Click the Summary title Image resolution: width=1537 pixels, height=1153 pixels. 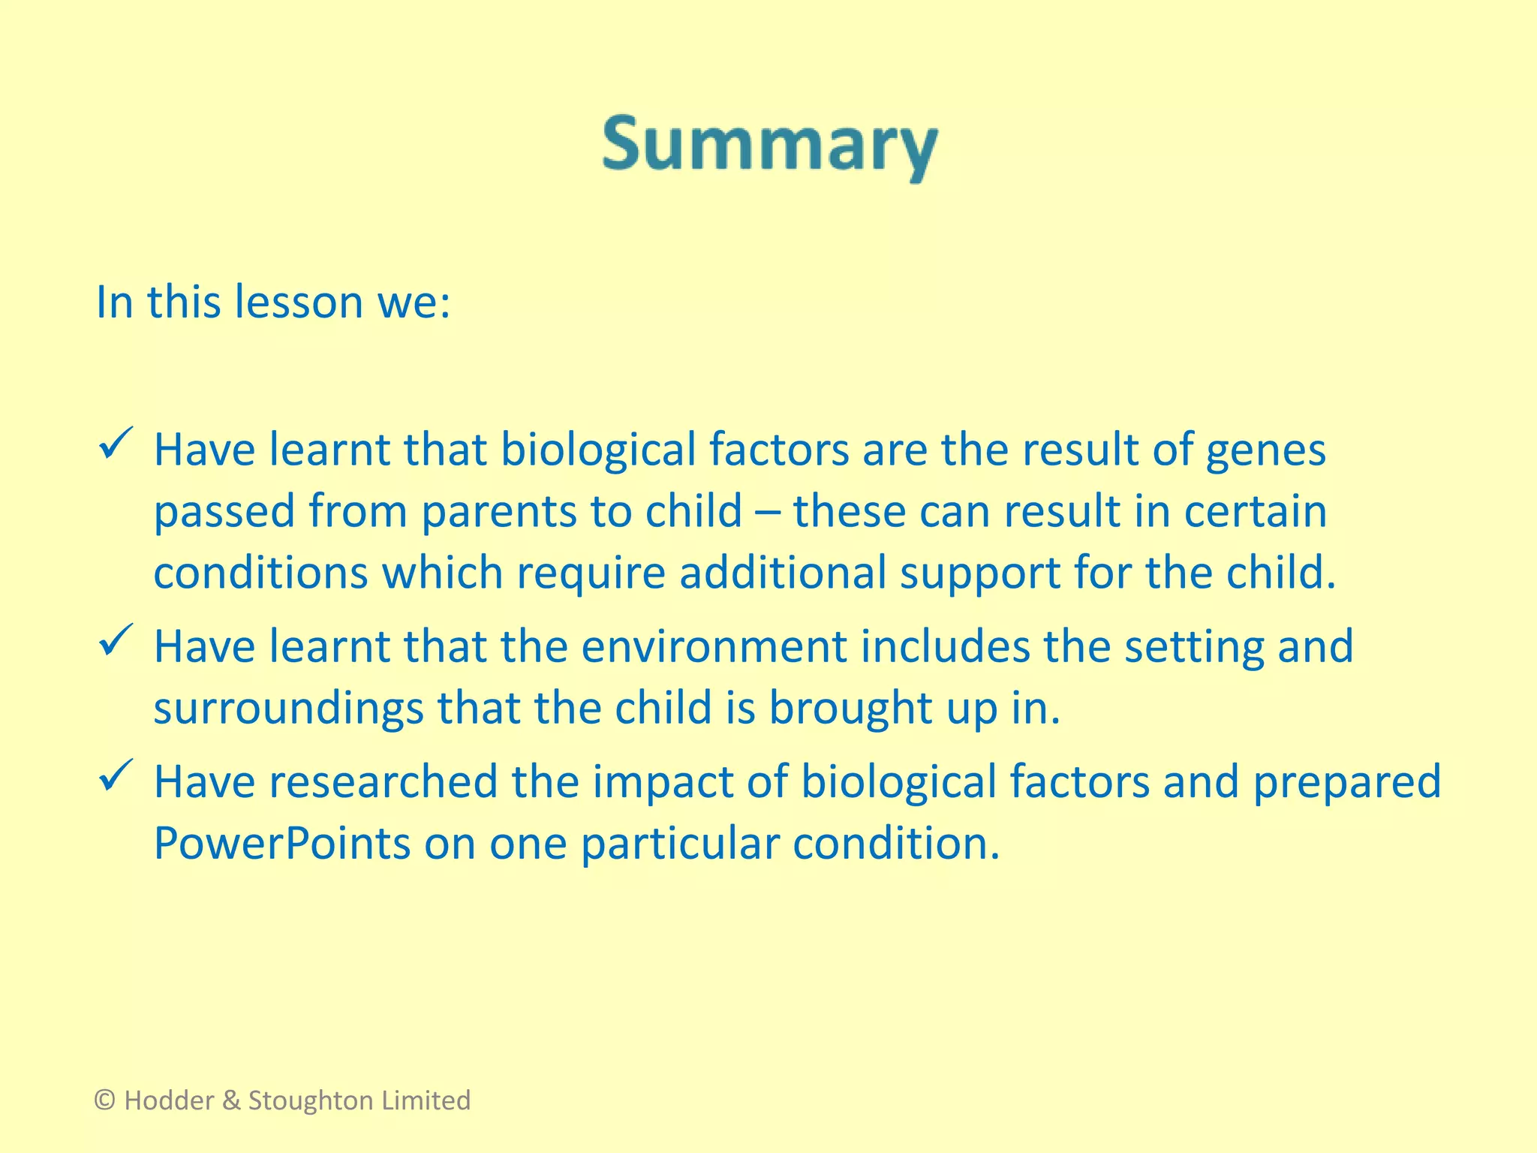pos(769,146)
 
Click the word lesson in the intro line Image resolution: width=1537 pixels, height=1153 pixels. pos(299,303)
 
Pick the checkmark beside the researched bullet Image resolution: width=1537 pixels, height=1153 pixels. pos(116,775)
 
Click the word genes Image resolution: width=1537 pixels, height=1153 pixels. pos(1265,450)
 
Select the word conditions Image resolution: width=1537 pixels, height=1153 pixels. pos(261,573)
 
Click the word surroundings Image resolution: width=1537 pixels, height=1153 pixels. pos(288,709)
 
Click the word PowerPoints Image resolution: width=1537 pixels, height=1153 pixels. pos(282,844)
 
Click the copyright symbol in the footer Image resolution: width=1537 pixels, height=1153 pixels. pos(105,1100)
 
